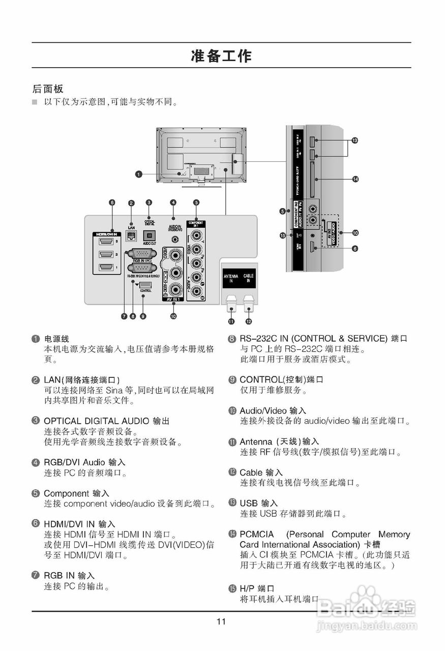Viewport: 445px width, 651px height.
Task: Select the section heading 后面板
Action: pyautogui.click(x=48, y=88)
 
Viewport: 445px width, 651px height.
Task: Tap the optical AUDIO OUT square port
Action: pyautogui.click(x=150, y=236)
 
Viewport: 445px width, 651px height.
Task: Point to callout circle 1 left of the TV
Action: pyautogui.click(x=138, y=174)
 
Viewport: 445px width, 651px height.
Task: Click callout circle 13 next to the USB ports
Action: pyautogui.click(x=355, y=140)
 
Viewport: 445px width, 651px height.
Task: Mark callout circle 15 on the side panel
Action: pyautogui.click(x=282, y=235)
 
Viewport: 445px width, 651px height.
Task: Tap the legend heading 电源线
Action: pyautogui.click(x=56, y=339)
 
